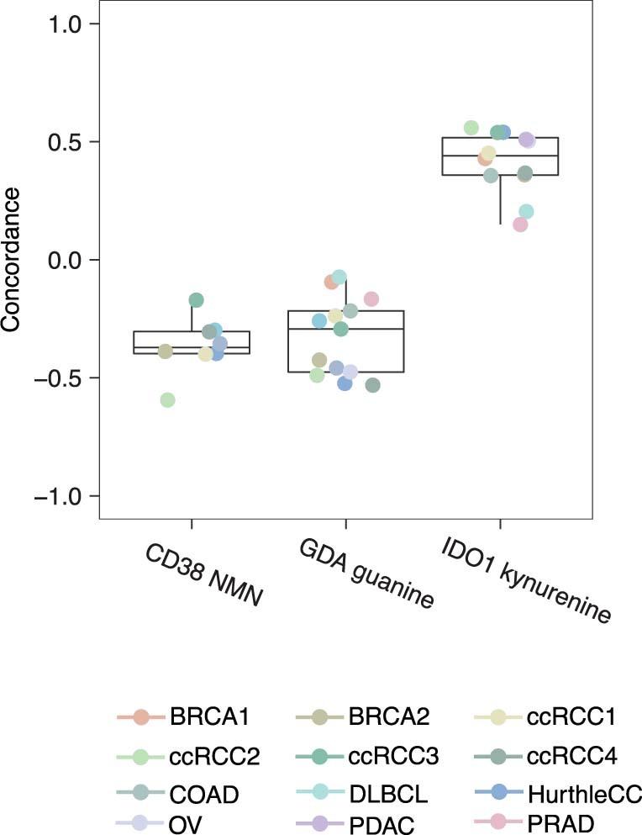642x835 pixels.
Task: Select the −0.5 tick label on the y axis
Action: click(55, 378)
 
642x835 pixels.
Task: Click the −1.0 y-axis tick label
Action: click(55, 495)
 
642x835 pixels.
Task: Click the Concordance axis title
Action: click(11, 260)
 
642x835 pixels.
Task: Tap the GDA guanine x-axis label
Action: click(366, 574)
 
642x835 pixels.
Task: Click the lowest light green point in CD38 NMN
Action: click(167, 399)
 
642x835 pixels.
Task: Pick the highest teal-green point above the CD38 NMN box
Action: click(196, 299)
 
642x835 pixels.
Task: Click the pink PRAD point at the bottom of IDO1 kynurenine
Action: click(520, 225)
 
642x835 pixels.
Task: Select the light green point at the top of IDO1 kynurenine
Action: click(471, 128)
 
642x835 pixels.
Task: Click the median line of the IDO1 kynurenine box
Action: click(500, 156)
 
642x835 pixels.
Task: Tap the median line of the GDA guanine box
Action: click(345, 329)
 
